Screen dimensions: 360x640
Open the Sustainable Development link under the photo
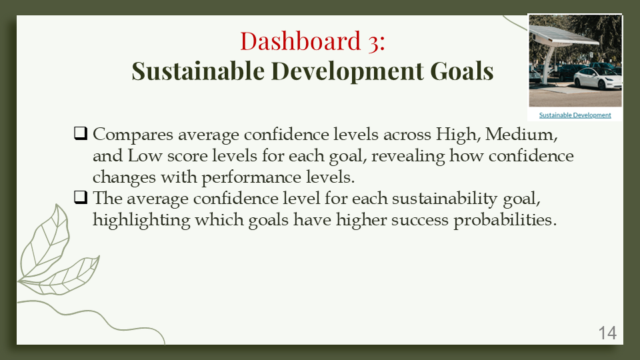575,115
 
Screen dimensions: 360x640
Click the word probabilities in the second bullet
505,221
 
